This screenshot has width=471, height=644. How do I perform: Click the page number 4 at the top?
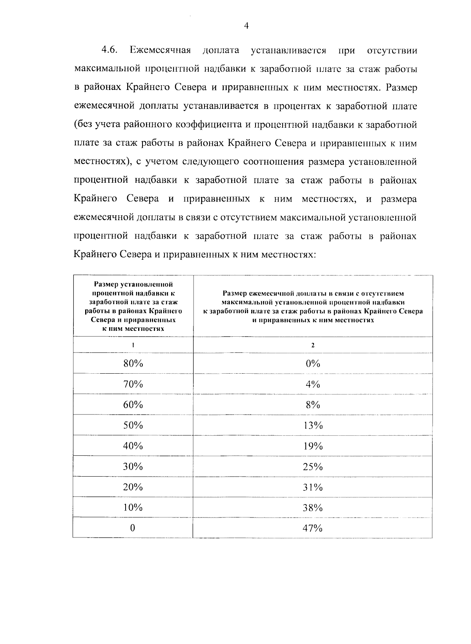[246, 26]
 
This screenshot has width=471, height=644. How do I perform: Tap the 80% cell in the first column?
[133, 363]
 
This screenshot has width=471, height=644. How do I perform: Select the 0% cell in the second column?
[313, 363]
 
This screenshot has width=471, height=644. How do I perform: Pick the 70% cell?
[133, 384]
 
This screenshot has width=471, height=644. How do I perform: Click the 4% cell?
[313, 384]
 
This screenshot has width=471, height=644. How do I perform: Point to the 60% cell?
[133, 405]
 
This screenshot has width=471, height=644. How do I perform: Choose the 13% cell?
[313, 425]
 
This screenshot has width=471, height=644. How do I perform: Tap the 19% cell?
[313, 446]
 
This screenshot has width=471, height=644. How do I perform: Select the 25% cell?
[313, 466]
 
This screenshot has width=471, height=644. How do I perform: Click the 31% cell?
[313, 487]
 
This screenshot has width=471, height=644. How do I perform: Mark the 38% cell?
[313, 508]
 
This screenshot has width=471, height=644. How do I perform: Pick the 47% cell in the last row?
[313, 528]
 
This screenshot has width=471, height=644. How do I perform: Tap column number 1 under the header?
[133, 345]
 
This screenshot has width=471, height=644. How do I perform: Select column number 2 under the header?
[313, 345]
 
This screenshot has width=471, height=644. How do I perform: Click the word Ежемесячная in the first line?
[161, 51]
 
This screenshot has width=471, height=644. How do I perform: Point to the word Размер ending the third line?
[402, 87]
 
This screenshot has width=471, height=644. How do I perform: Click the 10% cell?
[133, 508]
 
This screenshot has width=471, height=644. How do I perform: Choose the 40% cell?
[133, 446]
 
